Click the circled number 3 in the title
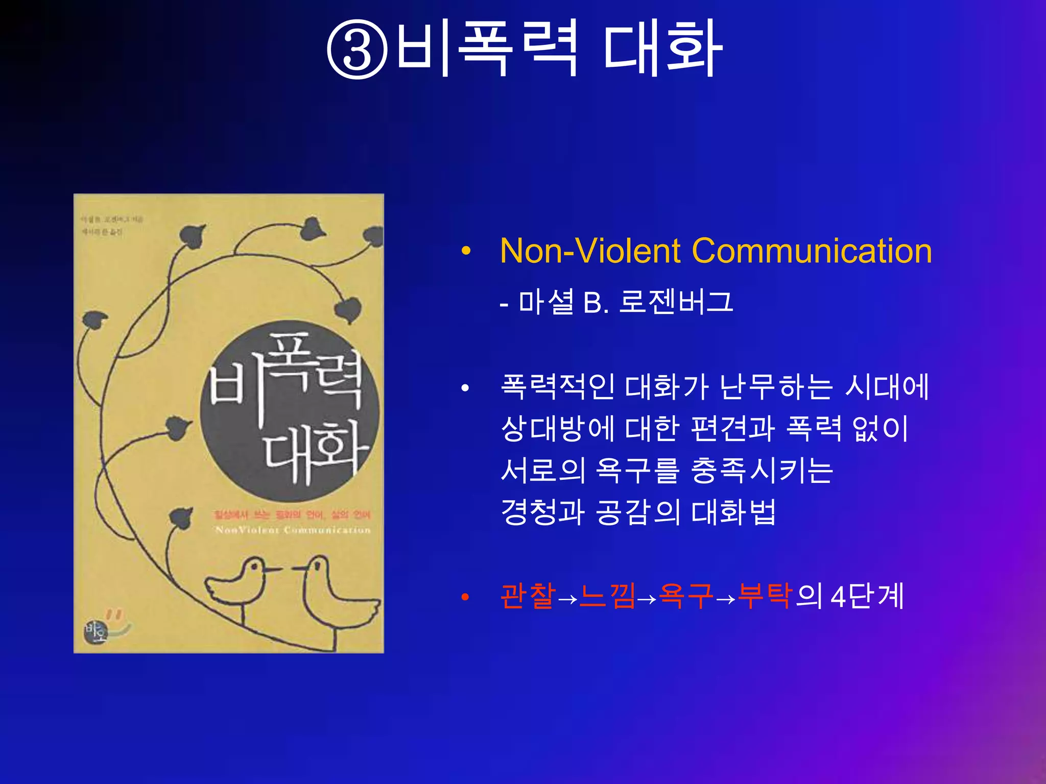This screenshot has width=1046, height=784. (357, 49)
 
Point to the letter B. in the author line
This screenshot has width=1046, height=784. (596, 303)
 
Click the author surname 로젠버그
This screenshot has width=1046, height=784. (676, 302)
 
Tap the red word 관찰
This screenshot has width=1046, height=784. (528, 596)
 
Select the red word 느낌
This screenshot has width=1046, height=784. (608, 596)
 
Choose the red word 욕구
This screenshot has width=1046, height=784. (686, 596)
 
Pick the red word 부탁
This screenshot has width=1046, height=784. (765, 596)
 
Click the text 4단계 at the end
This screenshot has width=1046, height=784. (867, 596)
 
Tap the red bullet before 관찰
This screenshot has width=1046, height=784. (465, 597)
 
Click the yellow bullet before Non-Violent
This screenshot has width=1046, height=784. (465, 251)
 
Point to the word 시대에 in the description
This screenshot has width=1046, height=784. (887, 386)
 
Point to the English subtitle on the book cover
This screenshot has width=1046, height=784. (293, 530)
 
